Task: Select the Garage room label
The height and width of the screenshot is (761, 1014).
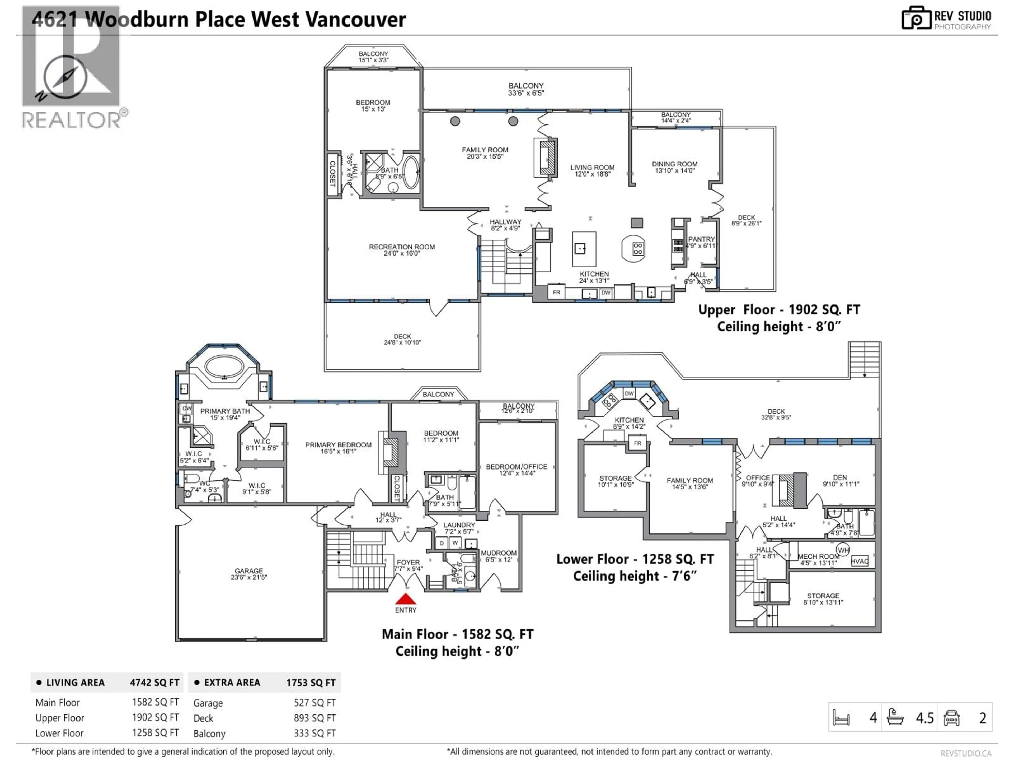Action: pos(249,573)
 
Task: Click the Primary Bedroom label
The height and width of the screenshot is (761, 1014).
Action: pos(338,448)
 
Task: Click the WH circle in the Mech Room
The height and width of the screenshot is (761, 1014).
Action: pos(843,550)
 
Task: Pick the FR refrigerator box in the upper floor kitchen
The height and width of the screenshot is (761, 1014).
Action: pos(556,292)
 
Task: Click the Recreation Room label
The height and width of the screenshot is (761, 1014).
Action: pos(402,249)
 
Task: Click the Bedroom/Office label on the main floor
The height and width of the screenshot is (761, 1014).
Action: pos(517,469)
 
